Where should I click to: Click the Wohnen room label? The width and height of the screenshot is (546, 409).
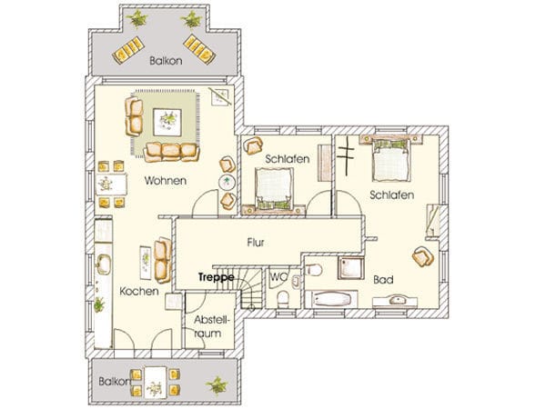166,181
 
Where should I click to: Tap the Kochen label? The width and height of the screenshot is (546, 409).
139,291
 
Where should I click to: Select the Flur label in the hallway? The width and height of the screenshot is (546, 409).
256,242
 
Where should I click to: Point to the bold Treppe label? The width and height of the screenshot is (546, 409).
217,277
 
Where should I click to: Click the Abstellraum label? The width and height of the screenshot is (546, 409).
207,326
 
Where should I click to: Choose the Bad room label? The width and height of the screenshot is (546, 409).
383,280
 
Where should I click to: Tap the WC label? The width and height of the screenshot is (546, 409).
279,277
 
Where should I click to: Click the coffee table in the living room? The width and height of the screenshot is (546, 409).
167,123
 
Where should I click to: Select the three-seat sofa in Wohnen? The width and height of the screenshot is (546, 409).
171,152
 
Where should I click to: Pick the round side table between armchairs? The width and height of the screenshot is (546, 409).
227,182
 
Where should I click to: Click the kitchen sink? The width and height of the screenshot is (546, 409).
104,264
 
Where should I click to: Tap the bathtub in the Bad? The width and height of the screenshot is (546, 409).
331,299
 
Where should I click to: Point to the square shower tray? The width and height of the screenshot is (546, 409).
351,268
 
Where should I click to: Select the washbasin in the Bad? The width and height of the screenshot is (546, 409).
395,301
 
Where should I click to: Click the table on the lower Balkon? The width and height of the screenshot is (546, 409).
156,382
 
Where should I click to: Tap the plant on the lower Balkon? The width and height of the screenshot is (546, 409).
217,385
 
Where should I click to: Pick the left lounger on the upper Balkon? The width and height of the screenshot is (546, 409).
128,50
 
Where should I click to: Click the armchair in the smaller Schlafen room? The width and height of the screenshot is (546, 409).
253,145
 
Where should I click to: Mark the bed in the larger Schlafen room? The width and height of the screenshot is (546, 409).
391,160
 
